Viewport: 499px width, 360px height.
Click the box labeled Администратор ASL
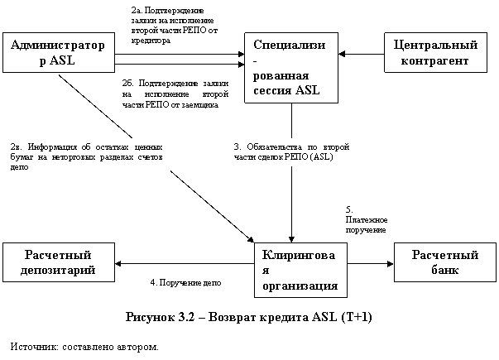pyautogui.click(x=59, y=52)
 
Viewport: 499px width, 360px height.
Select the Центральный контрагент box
pyautogui.click(x=435, y=52)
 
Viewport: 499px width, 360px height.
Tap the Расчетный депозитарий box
pyautogui.click(x=59, y=262)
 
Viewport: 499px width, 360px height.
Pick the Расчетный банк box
pyautogui.click(x=445, y=262)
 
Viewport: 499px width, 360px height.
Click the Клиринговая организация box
pyautogui.click(x=300, y=271)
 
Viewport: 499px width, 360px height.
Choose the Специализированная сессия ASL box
pyautogui.click(x=291, y=68)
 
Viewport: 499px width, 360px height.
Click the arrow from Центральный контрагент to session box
pyautogui.click(x=361, y=54)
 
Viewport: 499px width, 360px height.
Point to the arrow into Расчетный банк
pyautogui.click(x=371, y=263)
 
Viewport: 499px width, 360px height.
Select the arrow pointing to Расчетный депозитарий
pyautogui.click(x=185, y=263)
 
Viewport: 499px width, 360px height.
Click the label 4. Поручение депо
pyautogui.click(x=185, y=283)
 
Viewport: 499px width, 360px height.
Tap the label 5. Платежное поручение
pyautogui.click(x=367, y=219)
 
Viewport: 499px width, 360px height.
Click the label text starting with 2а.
pyautogui.click(x=175, y=26)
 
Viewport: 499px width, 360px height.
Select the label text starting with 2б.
pyautogui.click(x=175, y=94)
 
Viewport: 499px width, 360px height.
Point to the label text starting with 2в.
pyautogui.click(x=86, y=157)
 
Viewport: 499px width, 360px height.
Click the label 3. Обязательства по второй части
pyautogui.click(x=291, y=151)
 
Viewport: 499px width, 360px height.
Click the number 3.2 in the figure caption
pyautogui.click(x=186, y=317)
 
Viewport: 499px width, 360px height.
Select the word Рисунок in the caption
pyautogui.click(x=150, y=317)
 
